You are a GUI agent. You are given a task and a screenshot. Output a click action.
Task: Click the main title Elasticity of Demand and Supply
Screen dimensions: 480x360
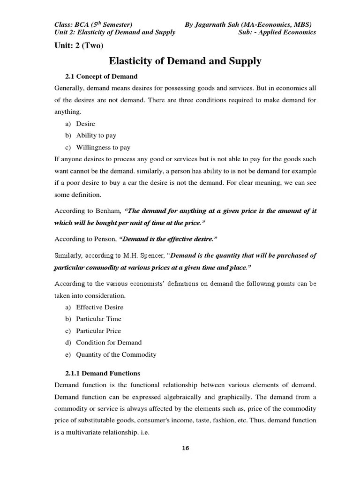point(185,61)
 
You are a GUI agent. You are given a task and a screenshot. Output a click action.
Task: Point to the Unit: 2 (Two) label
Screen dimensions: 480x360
point(79,45)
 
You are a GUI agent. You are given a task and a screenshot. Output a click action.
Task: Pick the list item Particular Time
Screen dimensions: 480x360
point(98,319)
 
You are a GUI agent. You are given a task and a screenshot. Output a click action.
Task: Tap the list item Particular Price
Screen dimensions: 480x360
point(98,330)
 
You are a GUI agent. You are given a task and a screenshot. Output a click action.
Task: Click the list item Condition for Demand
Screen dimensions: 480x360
point(108,343)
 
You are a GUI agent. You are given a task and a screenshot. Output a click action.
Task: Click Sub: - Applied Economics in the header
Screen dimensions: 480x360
point(277,32)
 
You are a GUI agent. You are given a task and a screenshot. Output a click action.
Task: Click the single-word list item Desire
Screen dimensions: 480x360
point(85,124)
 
